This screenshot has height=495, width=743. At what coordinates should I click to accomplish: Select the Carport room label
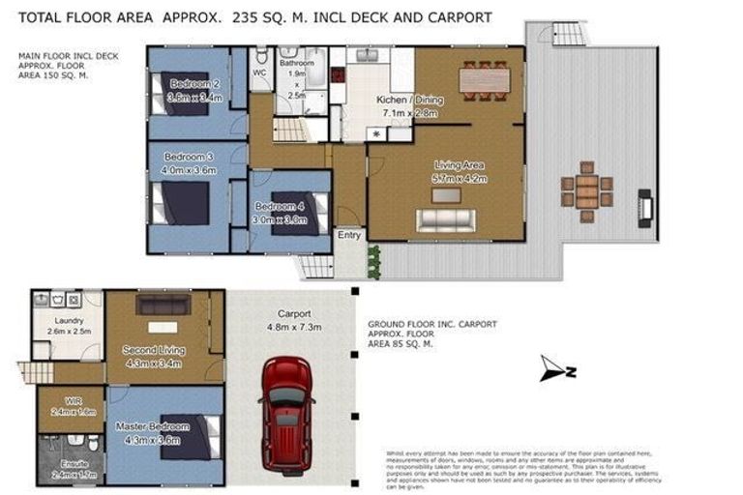pyautogui.click(x=293, y=314)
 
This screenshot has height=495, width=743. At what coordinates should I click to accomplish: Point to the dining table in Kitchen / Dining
pyautogui.click(x=483, y=76)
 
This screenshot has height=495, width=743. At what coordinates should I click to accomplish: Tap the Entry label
pyautogui.click(x=348, y=235)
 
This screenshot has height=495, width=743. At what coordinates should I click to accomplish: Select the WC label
pyautogui.click(x=259, y=73)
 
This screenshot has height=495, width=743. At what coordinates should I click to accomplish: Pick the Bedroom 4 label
pyautogui.click(x=281, y=207)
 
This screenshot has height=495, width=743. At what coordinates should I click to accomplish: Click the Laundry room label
pyautogui.click(x=69, y=321)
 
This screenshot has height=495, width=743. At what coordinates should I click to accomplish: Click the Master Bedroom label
pyautogui.click(x=152, y=426)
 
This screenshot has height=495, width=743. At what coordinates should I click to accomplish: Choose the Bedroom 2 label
pyautogui.click(x=193, y=85)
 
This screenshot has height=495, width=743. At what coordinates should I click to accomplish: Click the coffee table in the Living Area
pyautogui.click(x=446, y=195)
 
